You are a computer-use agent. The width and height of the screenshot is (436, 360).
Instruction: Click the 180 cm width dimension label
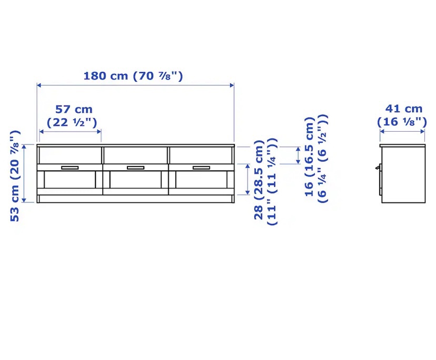[133, 76]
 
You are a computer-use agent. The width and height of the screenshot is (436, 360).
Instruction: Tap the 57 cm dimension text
[74, 109]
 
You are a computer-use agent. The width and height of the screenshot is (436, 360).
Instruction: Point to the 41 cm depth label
[404, 109]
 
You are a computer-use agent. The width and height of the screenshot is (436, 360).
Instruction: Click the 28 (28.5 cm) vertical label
[259, 180]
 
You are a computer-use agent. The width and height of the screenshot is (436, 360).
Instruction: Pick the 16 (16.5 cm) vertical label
[310, 157]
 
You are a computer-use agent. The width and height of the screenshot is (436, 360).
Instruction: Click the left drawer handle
[70, 168]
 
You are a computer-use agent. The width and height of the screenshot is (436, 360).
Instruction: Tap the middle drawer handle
[135, 168]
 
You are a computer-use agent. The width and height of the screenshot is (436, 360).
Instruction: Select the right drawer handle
[201, 168]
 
